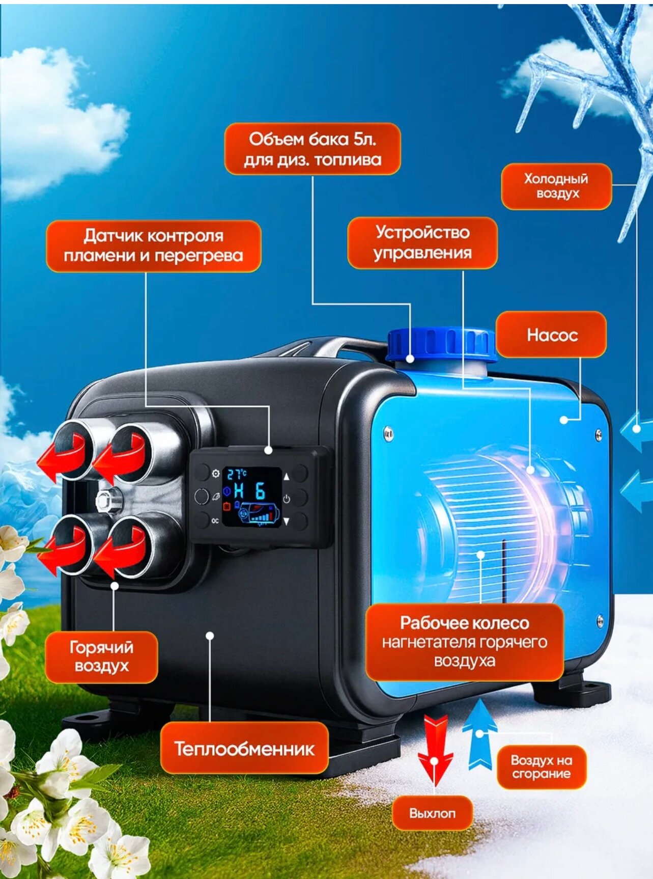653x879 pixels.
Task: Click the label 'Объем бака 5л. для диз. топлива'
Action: pos(313,149)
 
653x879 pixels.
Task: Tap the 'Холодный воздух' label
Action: pos(556,186)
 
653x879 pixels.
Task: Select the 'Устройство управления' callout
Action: pos(422,243)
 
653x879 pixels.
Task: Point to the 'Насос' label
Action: pos(552,335)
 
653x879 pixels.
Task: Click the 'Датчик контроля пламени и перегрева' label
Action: pos(153,245)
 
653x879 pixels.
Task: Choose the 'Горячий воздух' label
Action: pos(101,656)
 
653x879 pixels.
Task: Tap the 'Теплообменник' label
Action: pos(244,749)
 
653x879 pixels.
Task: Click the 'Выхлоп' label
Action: pos(432,813)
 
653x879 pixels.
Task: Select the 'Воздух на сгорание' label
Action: pos(541,767)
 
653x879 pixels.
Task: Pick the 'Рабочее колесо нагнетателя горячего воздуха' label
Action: pos(464,642)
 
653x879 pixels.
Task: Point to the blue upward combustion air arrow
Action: pos(479,733)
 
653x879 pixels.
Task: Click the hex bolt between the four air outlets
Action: pos(108,499)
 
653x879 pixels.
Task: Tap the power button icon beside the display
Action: pos(287,499)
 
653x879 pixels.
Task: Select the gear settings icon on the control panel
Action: pos(216,474)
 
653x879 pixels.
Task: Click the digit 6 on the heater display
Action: pos(260,491)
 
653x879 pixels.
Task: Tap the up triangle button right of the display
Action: pos(286,477)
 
